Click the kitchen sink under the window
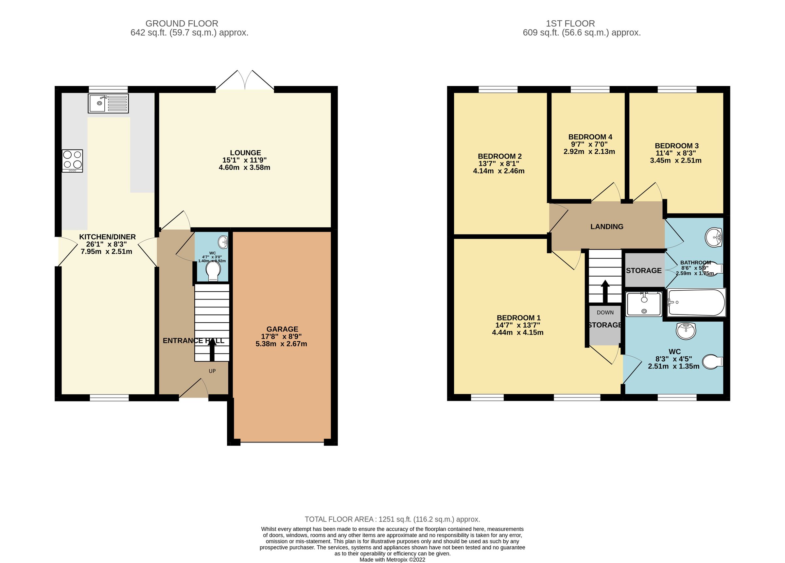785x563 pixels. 108,103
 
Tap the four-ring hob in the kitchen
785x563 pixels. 72,161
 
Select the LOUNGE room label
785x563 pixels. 245,153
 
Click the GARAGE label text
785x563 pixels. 282,329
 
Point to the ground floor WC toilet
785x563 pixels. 213,271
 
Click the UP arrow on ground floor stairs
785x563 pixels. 212,350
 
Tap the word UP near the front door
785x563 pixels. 212,371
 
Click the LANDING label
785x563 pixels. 607,227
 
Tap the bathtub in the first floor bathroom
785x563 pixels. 696,302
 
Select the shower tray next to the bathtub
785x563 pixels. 644,304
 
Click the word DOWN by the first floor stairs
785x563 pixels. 605,313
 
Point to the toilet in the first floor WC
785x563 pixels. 713,362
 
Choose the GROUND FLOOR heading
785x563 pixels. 182,24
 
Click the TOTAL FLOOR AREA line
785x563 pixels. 392,520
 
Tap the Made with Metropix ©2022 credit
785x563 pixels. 392,559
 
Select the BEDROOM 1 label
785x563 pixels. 518,318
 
